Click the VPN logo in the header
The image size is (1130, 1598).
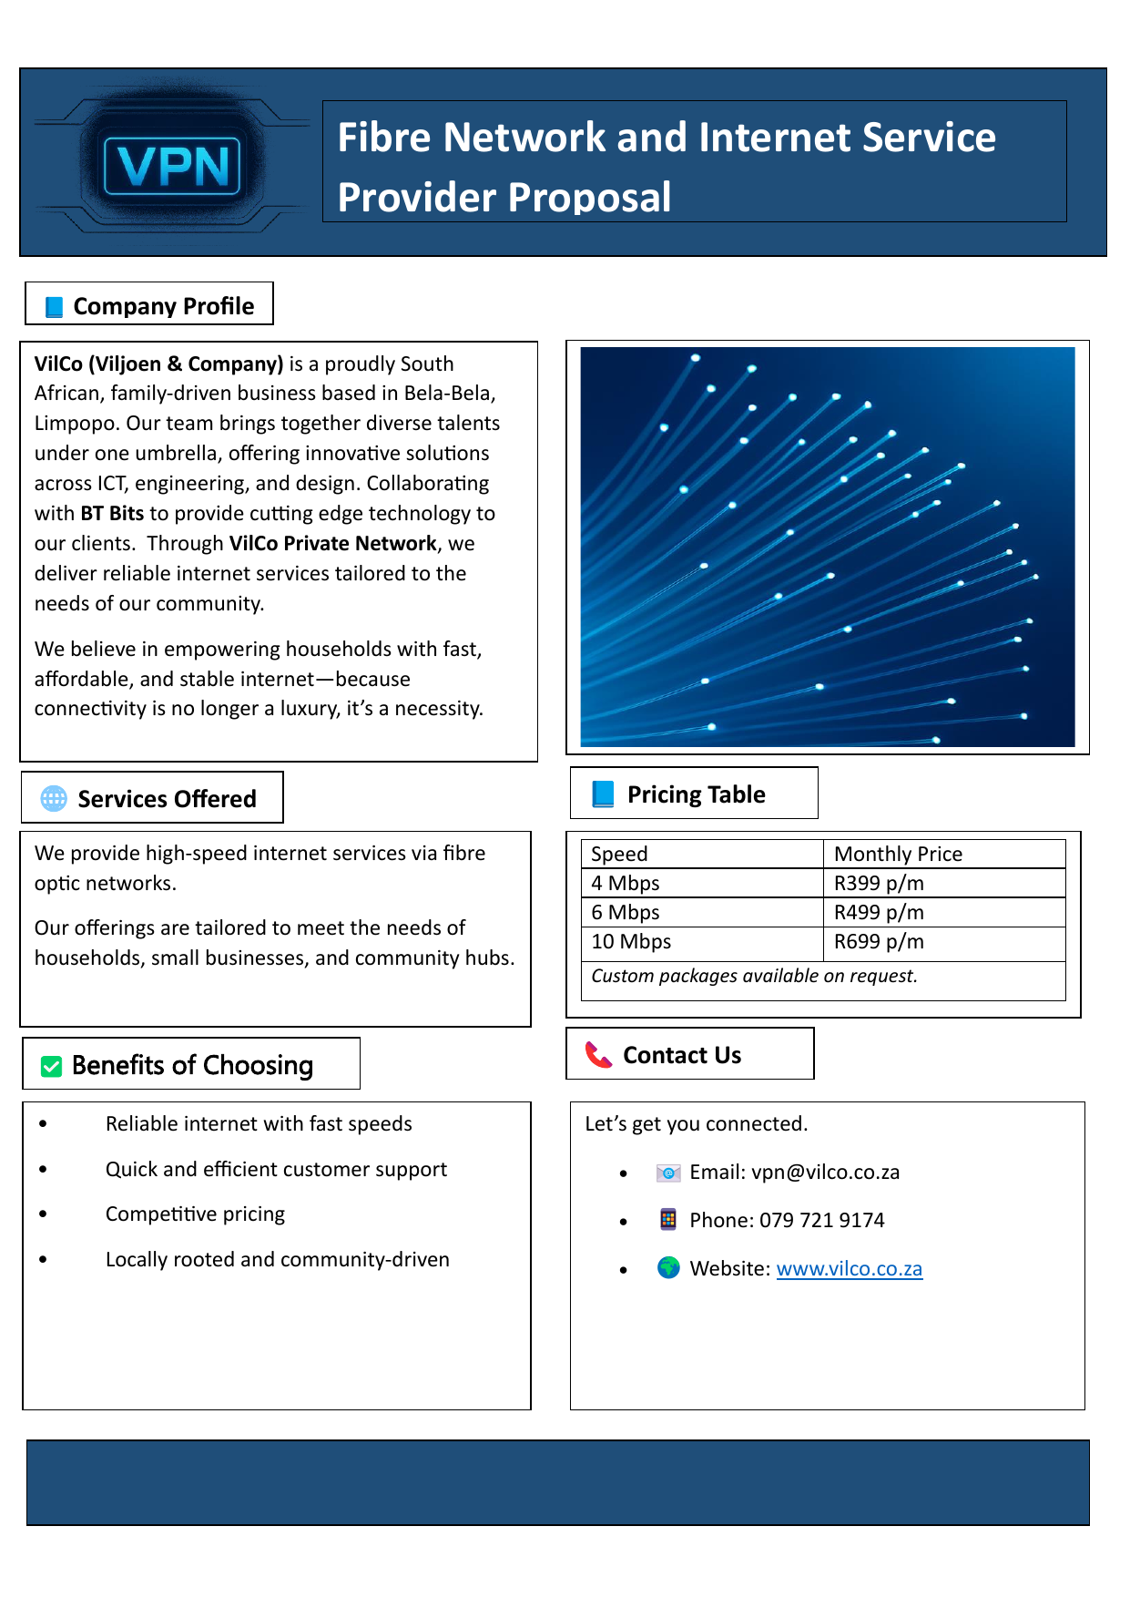172,166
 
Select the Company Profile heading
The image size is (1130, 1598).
163,306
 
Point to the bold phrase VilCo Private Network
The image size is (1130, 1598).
332,543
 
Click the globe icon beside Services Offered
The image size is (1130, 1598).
54,798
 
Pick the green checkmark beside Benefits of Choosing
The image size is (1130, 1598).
52,1066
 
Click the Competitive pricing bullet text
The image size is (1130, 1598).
195,1214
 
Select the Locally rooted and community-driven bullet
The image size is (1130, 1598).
277,1259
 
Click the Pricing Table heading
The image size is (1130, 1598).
696,794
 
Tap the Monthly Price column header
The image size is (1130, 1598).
898,854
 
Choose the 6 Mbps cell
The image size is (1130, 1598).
626,912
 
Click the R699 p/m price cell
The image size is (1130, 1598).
879,941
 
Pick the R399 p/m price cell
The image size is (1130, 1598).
879,883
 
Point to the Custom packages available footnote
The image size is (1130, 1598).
754,976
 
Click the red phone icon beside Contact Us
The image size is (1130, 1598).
598,1055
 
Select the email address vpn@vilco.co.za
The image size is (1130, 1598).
825,1172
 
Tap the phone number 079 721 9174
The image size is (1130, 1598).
821,1220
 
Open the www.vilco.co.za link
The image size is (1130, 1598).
849,1268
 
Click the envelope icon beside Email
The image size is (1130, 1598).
668,1173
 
